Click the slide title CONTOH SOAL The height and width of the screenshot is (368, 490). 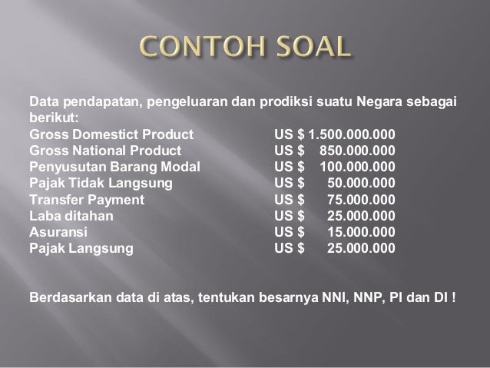tap(245, 50)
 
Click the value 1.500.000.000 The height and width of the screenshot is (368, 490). tap(353, 134)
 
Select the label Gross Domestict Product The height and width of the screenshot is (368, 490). tap(111, 134)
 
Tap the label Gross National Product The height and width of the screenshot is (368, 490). tap(105, 150)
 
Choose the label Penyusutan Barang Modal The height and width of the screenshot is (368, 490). tap(114, 166)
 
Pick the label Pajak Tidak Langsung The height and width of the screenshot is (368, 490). tap(101, 183)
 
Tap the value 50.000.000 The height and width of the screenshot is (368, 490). tap(362, 183)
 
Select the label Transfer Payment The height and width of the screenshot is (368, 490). tap(87, 199)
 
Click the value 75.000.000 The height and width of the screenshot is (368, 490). tap(362, 199)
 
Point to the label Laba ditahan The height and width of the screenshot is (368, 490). tap(71, 216)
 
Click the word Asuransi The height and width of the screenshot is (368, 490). tap(58, 232)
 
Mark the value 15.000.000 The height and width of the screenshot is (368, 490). tap(362, 232)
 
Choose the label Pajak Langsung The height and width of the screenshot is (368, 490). tap(81, 248)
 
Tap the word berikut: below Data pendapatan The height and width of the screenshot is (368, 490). tap(54, 118)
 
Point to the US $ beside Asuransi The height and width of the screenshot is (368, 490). tap(290, 232)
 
